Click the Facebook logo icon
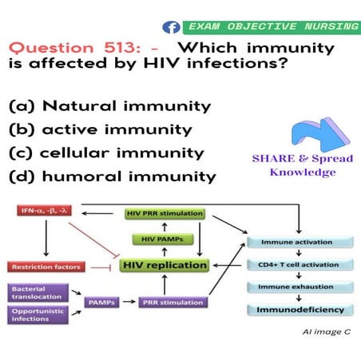(x=171, y=27)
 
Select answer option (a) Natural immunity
(x=109, y=105)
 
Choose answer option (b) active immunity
(x=100, y=129)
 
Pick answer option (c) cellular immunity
(x=105, y=153)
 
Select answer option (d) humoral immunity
(x=109, y=176)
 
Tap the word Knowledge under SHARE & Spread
(x=302, y=173)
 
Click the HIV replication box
(x=165, y=264)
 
